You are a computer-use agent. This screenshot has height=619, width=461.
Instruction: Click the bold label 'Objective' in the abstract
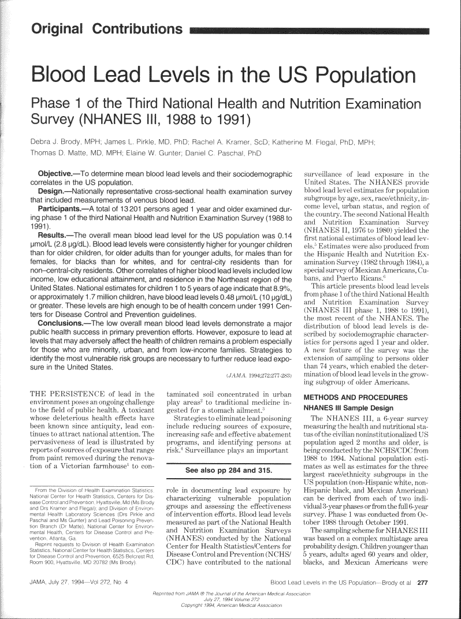tap(55, 174)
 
